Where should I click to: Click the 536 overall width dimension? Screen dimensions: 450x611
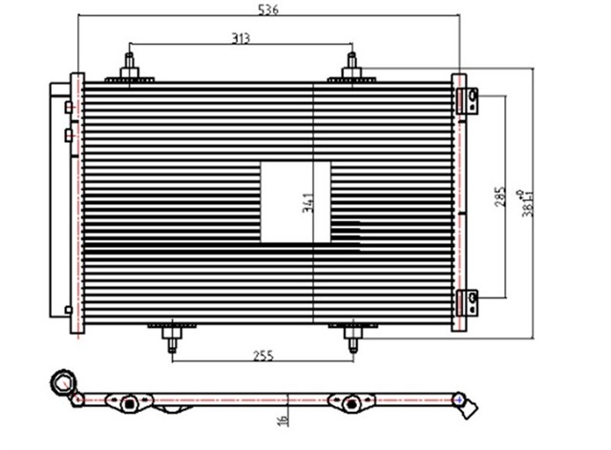point(268,10)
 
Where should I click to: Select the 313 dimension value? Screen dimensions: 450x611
point(241,37)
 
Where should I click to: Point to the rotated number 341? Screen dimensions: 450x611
point(307,202)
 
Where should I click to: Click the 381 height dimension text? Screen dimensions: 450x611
point(524,200)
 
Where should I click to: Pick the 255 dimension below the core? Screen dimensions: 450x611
point(264,356)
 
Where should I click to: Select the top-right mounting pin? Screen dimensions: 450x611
point(351,69)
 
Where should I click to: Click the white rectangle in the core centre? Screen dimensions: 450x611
point(296,200)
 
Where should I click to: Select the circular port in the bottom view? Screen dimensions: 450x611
point(63,383)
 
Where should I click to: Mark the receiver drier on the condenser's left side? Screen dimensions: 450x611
point(59,200)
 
